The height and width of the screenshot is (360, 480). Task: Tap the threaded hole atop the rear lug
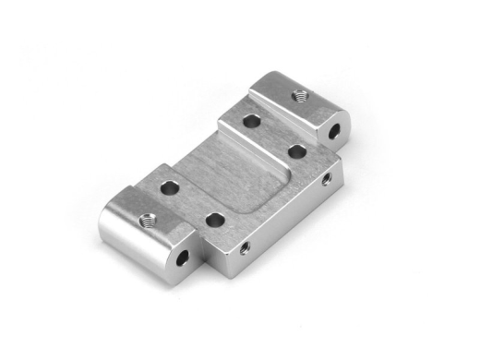tap(298, 94)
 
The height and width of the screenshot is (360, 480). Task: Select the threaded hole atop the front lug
tap(146, 220)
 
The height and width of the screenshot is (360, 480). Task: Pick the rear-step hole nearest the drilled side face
tap(295, 150)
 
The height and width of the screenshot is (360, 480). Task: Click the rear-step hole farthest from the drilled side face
tap(251, 119)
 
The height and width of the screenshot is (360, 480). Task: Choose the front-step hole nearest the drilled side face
tap(213, 220)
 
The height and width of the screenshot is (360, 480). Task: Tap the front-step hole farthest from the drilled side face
tap(169, 187)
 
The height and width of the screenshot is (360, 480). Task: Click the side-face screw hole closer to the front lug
tap(245, 247)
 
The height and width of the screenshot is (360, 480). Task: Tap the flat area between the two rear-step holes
tap(273, 134)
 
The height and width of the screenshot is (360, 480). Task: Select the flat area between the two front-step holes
tap(191, 203)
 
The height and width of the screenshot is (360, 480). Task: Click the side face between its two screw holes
tap(284, 214)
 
